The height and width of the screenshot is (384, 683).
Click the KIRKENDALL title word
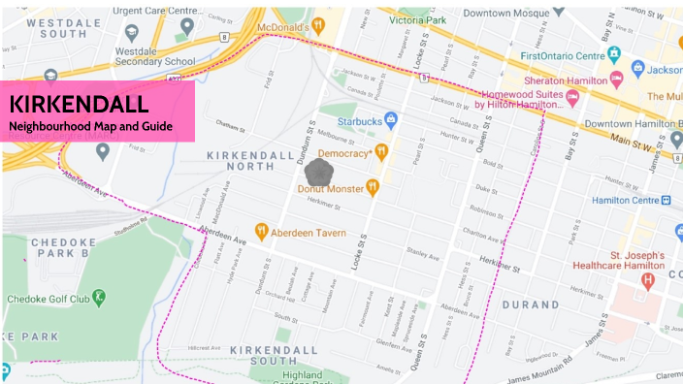79,104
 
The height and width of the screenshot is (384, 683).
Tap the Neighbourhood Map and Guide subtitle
89,126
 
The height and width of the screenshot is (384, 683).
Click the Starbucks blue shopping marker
390,120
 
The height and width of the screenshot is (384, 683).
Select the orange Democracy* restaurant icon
382,151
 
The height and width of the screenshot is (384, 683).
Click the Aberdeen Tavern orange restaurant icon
261,231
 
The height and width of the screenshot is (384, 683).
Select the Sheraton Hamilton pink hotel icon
615,78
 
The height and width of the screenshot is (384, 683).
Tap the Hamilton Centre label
625,201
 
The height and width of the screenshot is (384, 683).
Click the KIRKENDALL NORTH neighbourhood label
244,161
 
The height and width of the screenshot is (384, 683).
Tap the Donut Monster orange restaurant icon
371,187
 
